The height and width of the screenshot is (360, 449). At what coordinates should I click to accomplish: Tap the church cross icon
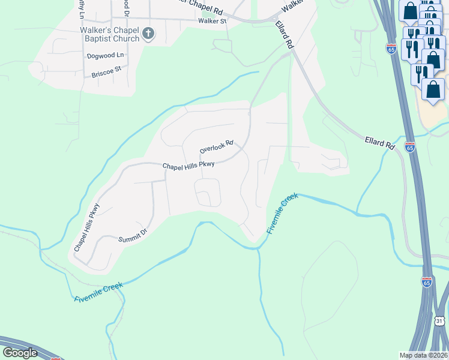pos(149,34)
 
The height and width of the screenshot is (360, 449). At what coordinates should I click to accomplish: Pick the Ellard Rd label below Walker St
pos(285,35)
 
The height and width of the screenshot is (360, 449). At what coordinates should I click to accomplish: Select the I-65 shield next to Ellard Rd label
pos(409,146)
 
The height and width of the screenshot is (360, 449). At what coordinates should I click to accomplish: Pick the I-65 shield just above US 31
pos(426,281)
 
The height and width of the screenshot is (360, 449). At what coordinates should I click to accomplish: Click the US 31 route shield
pos(439,321)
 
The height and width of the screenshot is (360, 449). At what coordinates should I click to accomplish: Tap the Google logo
pos(20,353)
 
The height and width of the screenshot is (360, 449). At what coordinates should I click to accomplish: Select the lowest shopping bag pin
pos(433,89)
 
